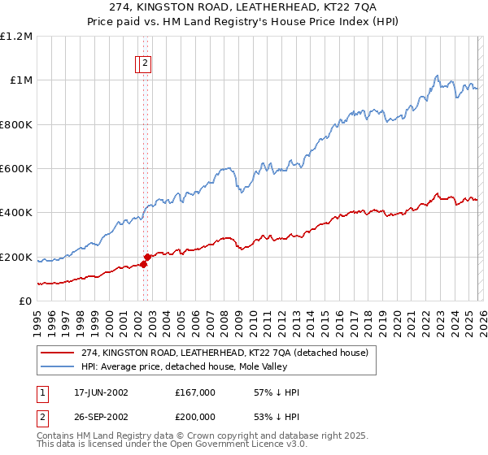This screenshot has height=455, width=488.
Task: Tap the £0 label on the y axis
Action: click(27, 301)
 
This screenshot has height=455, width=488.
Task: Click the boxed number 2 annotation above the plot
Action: click(145, 63)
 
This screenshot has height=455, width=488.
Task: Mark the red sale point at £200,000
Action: click(147, 257)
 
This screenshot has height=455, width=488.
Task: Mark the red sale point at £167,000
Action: click(143, 264)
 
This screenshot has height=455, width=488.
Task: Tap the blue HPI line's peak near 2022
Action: click(437, 76)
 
